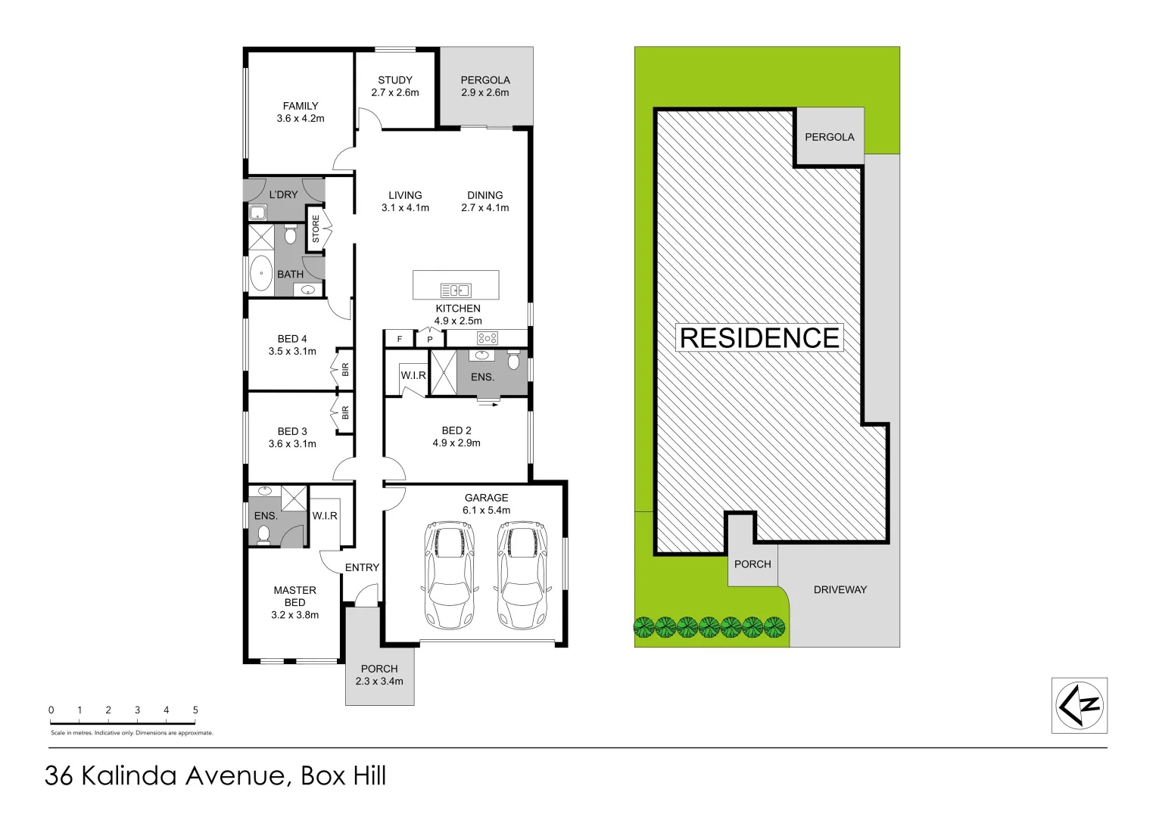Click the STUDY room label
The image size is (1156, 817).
point(395,80)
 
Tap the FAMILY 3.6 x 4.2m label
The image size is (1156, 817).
point(301,112)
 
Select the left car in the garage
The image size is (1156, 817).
point(449,574)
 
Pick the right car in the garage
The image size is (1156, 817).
point(522,574)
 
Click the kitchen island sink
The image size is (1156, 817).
point(456,290)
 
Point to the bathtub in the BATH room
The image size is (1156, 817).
point(261,273)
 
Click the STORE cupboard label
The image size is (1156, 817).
point(316,229)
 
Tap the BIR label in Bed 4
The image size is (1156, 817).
point(345,370)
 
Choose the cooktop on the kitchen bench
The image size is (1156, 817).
point(487,338)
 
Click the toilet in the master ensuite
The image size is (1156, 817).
point(263,535)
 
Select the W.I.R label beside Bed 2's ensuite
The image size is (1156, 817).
point(413,375)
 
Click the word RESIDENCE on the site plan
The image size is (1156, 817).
point(759,338)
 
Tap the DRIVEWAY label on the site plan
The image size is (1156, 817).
point(840,589)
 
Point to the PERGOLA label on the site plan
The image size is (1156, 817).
point(829,137)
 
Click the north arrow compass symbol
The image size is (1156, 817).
point(1080,705)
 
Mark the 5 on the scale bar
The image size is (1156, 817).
point(195,710)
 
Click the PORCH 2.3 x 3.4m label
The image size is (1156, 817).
point(379,675)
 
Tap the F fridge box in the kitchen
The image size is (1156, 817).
point(399,339)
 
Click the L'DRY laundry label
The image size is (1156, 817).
point(284,194)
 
